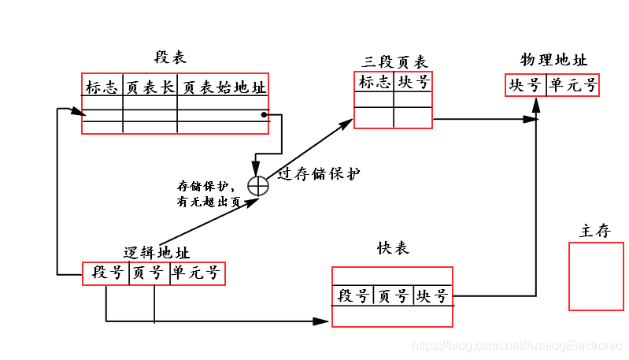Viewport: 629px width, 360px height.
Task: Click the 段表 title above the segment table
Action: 170,58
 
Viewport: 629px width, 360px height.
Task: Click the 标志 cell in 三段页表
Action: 374,82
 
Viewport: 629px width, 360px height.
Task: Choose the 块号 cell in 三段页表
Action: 413,82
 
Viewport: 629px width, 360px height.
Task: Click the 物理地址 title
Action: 553,60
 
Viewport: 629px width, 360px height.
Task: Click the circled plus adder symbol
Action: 258,185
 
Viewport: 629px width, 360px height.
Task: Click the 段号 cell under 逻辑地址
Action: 107,273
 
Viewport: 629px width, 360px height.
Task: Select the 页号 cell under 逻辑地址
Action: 148,273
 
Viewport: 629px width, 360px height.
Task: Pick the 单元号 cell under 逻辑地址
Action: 195,273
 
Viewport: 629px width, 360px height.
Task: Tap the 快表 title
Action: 394,248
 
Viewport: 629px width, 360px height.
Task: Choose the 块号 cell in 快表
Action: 432,296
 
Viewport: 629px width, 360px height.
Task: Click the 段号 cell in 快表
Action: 353,296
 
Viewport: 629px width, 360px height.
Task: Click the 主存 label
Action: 594,231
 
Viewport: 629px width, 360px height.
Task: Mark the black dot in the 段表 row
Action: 264,116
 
